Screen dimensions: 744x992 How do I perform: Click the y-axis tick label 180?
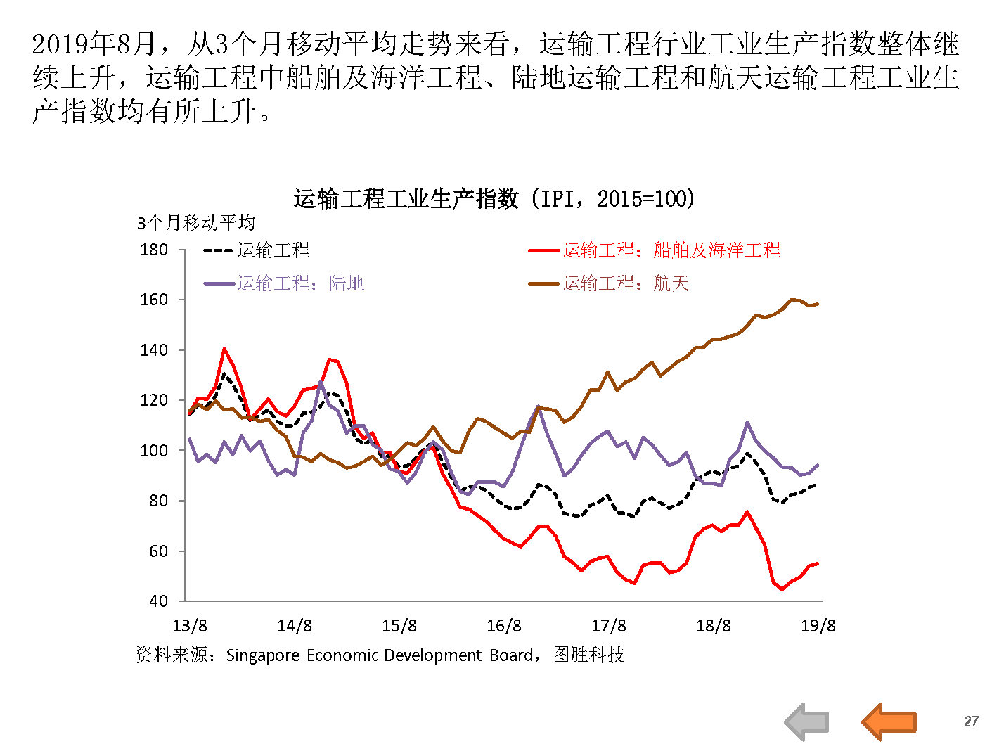[x=154, y=250]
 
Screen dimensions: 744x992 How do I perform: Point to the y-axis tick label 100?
[x=154, y=451]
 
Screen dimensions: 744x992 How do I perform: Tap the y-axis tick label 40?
[x=158, y=601]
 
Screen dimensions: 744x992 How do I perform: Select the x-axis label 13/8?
[x=190, y=626]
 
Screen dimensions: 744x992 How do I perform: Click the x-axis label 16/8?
[x=504, y=626]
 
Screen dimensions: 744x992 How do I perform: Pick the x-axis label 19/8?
[x=818, y=626]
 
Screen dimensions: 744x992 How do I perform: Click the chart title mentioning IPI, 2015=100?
[x=494, y=199]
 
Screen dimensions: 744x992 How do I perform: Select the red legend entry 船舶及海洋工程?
[x=671, y=250]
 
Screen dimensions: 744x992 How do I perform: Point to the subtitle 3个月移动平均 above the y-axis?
[x=196, y=224]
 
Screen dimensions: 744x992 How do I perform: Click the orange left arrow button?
[x=889, y=721]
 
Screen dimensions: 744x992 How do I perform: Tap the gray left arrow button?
[x=807, y=721]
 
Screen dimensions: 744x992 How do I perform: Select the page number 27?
[x=971, y=721]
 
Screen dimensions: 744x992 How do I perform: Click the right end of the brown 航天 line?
[x=818, y=304]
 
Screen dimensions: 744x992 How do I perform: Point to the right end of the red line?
[x=818, y=563]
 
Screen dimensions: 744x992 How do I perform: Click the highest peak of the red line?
[x=224, y=349]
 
